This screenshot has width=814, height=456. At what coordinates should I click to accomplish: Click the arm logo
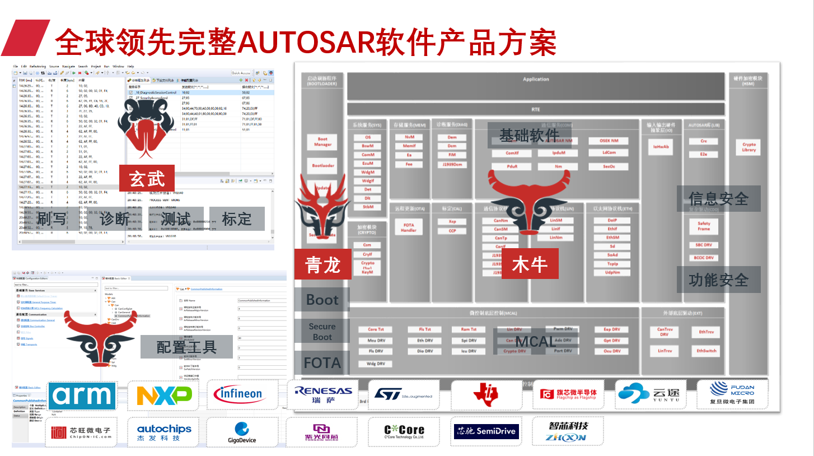tap(82, 396)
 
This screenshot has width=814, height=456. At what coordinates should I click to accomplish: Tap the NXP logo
tap(164, 395)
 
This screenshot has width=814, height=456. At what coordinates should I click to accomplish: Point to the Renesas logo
tap(324, 394)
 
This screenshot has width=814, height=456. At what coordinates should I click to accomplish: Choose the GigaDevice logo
tap(242, 432)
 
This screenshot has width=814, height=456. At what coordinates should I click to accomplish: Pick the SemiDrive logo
tap(486, 431)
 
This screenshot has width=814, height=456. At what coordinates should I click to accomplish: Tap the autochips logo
tap(164, 432)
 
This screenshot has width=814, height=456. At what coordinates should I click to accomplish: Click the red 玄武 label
tap(147, 179)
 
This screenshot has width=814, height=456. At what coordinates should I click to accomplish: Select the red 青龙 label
tap(322, 264)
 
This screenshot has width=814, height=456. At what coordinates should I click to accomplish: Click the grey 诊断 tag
tap(114, 219)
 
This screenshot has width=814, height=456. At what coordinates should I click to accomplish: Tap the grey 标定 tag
tap(237, 219)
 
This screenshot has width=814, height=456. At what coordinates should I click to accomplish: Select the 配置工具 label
tap(186, 347)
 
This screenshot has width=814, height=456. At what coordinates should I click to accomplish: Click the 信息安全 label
tap(718, 199)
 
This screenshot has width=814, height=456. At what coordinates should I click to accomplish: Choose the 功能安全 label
tap(718, 280)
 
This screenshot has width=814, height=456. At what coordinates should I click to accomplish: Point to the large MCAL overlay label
tap(536, 341)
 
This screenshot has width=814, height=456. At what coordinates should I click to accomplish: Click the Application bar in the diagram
tap(536, 80)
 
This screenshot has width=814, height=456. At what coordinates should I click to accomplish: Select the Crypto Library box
tap(749, 147)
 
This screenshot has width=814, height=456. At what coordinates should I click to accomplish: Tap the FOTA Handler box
tap(409, 227)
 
